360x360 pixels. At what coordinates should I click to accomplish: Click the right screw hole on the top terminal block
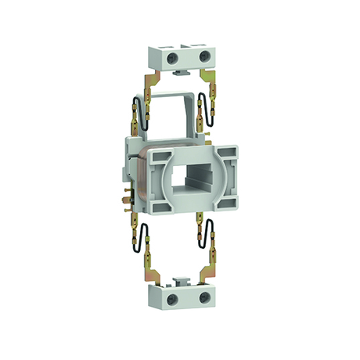click(204, 57)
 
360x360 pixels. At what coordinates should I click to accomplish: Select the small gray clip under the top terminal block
click(180, 74)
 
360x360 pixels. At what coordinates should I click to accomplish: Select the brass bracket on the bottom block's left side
click(157, 275)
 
